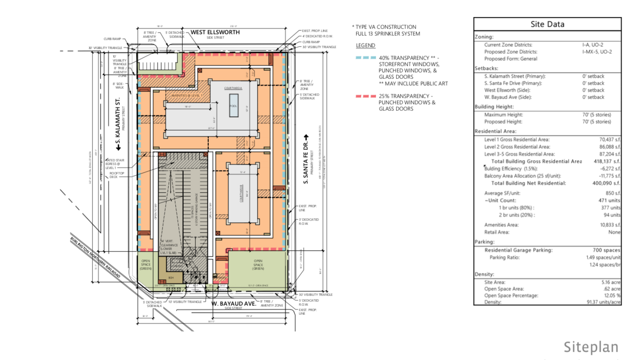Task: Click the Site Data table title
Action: tap(547, 24)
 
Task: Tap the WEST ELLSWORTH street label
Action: tap(216, 32)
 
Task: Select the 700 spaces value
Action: tap(607, 250)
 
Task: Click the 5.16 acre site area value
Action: tap(609, 282)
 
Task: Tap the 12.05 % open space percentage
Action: tap(611, 296)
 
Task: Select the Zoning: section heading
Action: tap(485, 37)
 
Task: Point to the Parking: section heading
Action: tap(485, 242)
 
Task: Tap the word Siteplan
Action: tap(591, 347)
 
